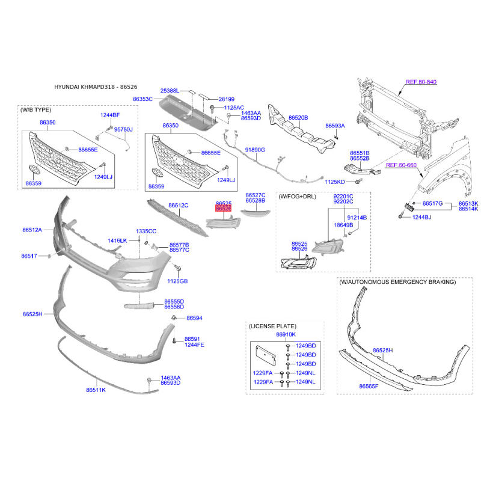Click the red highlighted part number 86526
(x=223, y=209)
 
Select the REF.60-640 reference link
(x=421, y=82)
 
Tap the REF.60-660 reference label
(x=401, y=165)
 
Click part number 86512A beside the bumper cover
(x=32, y=230)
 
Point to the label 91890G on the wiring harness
(x=255, y=150)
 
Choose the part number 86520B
(x=298, y=117)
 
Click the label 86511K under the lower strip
(x=96, y=390)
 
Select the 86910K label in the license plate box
(x=286, y=334)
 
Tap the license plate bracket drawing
(x=266, y=355)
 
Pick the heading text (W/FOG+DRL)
(x=297, y=197)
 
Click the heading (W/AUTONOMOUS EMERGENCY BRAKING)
(x=397, y=282)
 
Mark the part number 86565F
(x=369, y=386)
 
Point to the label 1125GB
(x=177, y=281)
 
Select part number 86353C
(x=142, y=99)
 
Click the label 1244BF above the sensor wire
(x=110, y=115)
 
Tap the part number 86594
(x=194, y=318)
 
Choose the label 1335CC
(x=146, y=231)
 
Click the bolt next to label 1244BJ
(x=401, y=216)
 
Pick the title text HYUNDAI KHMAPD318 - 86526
(x=96, y=87)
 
